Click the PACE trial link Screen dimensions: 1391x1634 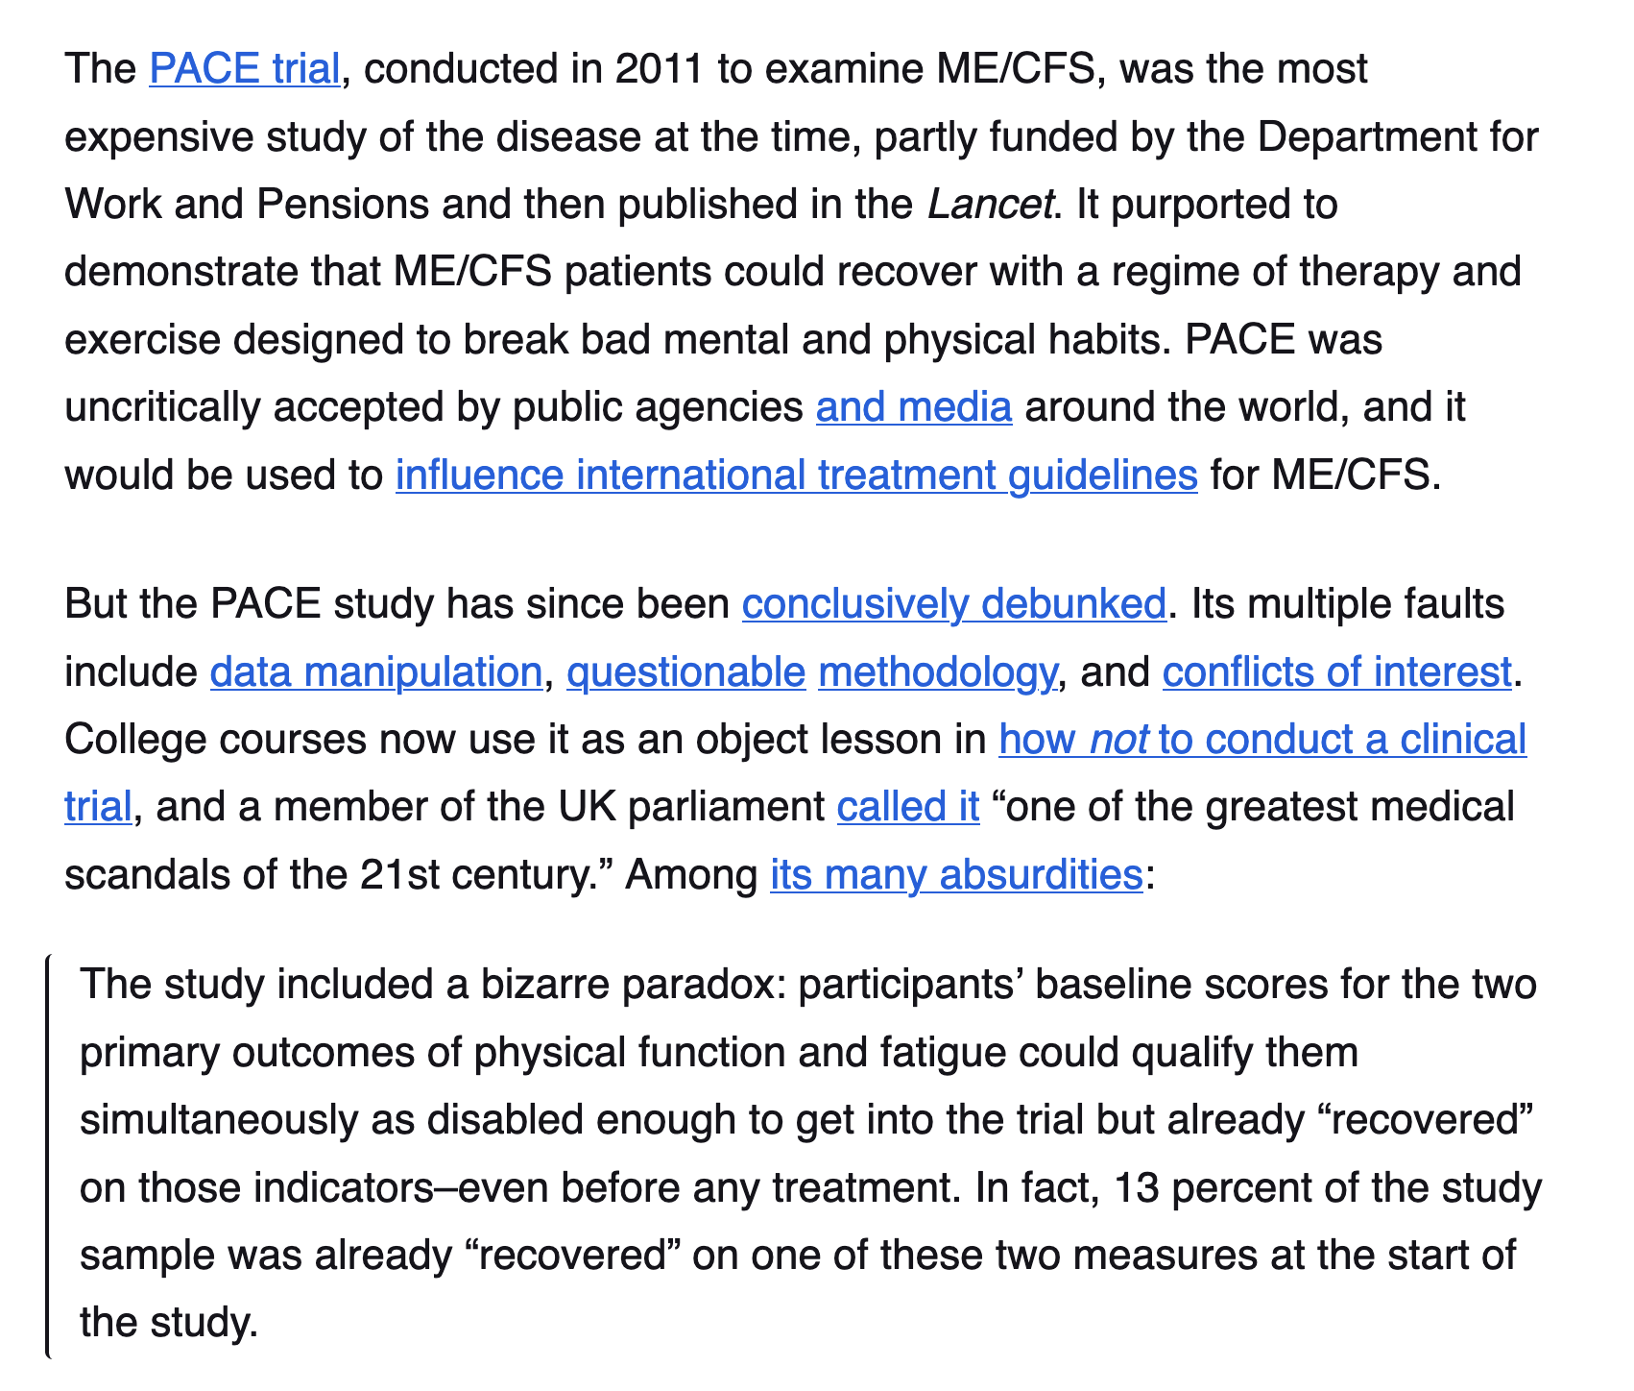click(x=245, y=70)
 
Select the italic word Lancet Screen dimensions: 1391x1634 click(x=990, y=205)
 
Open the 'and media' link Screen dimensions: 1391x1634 click(x=913, y=407)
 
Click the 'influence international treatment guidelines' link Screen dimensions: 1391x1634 click(x=796, y=475)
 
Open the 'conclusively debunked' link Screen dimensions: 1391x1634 click(x=953, y=604)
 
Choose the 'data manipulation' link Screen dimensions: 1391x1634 click(x=375, y=671)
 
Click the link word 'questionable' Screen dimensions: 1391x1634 click(x=685, y=671)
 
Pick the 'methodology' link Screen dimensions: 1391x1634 click(x=936, y=671)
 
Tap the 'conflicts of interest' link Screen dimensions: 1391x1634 click(x=1336, y=671)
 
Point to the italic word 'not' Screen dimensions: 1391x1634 click(x=1118, y=740)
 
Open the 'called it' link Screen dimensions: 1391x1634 click(x=907, y=807)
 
